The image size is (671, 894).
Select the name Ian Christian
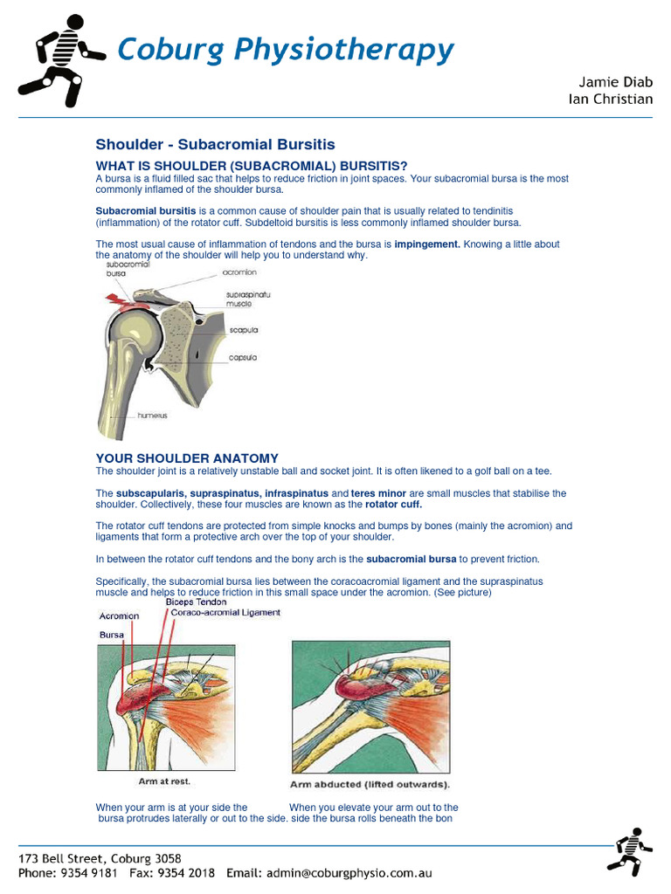(610, 99)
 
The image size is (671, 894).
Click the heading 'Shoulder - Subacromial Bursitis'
(215, 144)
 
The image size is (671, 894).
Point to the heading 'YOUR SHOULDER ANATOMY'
(187, 457)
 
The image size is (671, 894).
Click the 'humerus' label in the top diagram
(152, 416)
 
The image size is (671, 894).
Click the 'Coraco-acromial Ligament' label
(225, 613)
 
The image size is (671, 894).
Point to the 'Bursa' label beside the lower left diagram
(111, 635)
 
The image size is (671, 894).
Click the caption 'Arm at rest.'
(164, 781)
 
